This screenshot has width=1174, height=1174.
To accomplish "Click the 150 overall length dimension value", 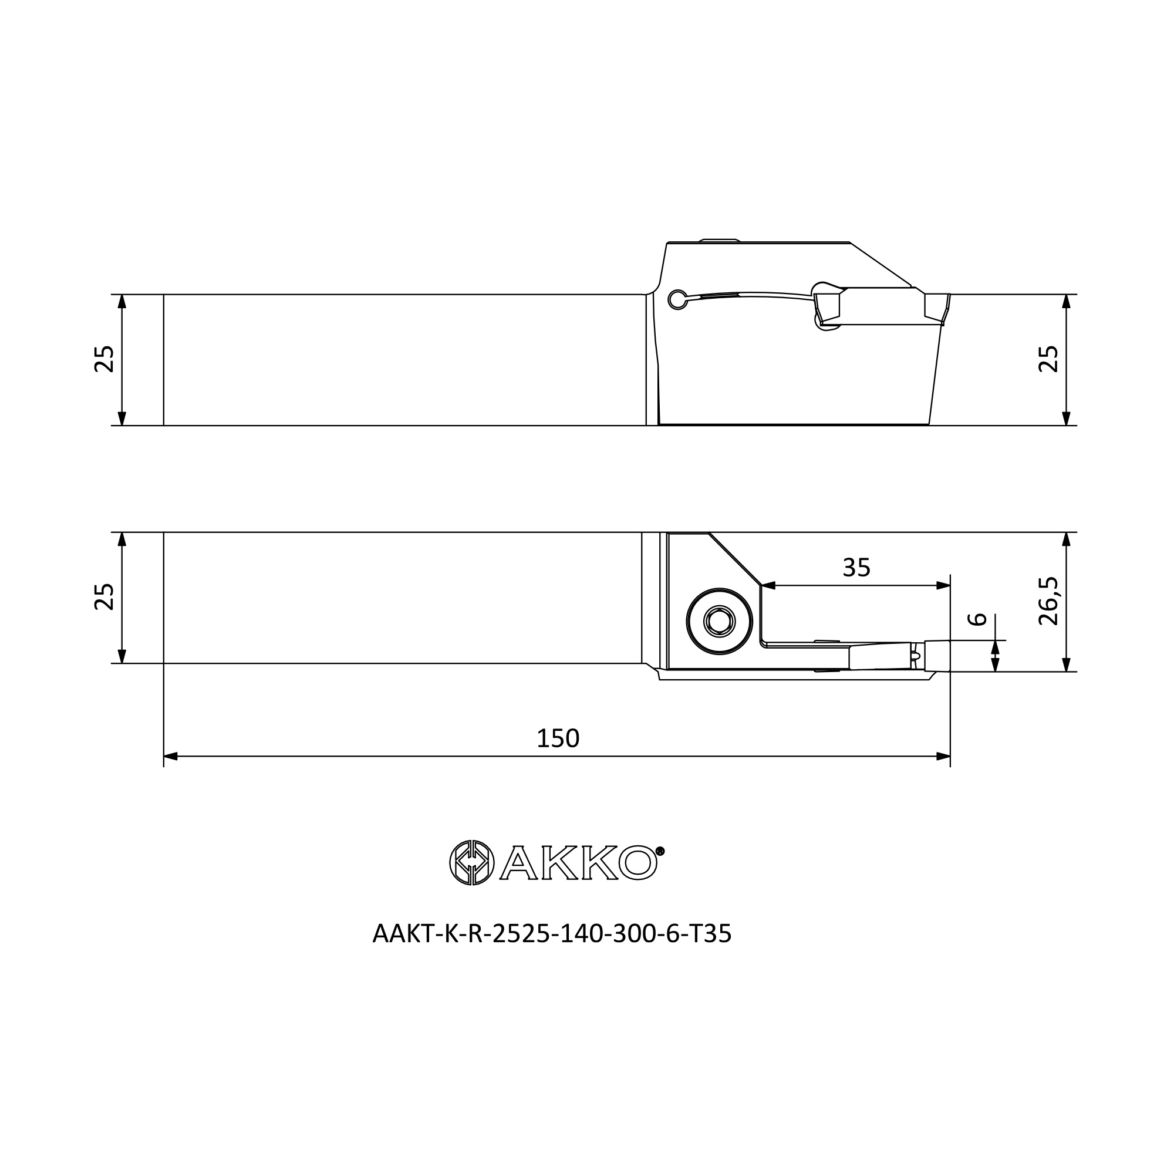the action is (558, 738).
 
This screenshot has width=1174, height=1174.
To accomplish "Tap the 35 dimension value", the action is (857, 568).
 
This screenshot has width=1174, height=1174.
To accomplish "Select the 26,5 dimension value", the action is (1049, 601).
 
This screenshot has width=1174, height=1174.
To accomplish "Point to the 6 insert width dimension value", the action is (977, 619).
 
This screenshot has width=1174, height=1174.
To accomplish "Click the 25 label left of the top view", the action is (104, 359).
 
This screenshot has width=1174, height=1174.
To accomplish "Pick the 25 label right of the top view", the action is (1049, 359).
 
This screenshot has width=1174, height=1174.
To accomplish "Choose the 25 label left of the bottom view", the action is (104, 597).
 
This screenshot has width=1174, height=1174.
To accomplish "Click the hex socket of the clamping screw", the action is (720, 621).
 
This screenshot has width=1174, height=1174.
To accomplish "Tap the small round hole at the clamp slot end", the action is (677, 299).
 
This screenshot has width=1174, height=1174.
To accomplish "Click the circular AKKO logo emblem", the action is (471, 862).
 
